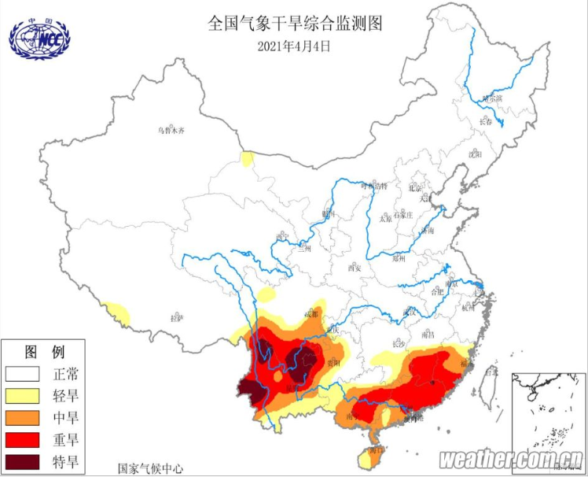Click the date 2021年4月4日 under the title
pyautogui.click(x=294, y=46)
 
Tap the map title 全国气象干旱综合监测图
pyautogui.click(x=294, y=24)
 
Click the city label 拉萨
pyautogui.click(x=176, y=318)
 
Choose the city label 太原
pyautogui.click(x=385, y=220)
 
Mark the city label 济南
pyautogui.click(x=427, y=231)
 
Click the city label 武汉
pyautogui.click(x=408, y=312)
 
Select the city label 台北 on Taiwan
pyautogui.click(x=493, y=372)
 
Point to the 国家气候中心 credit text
pyautogui.click(x=150, y=468)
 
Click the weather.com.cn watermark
pyautogui.click(x=510, y=459)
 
